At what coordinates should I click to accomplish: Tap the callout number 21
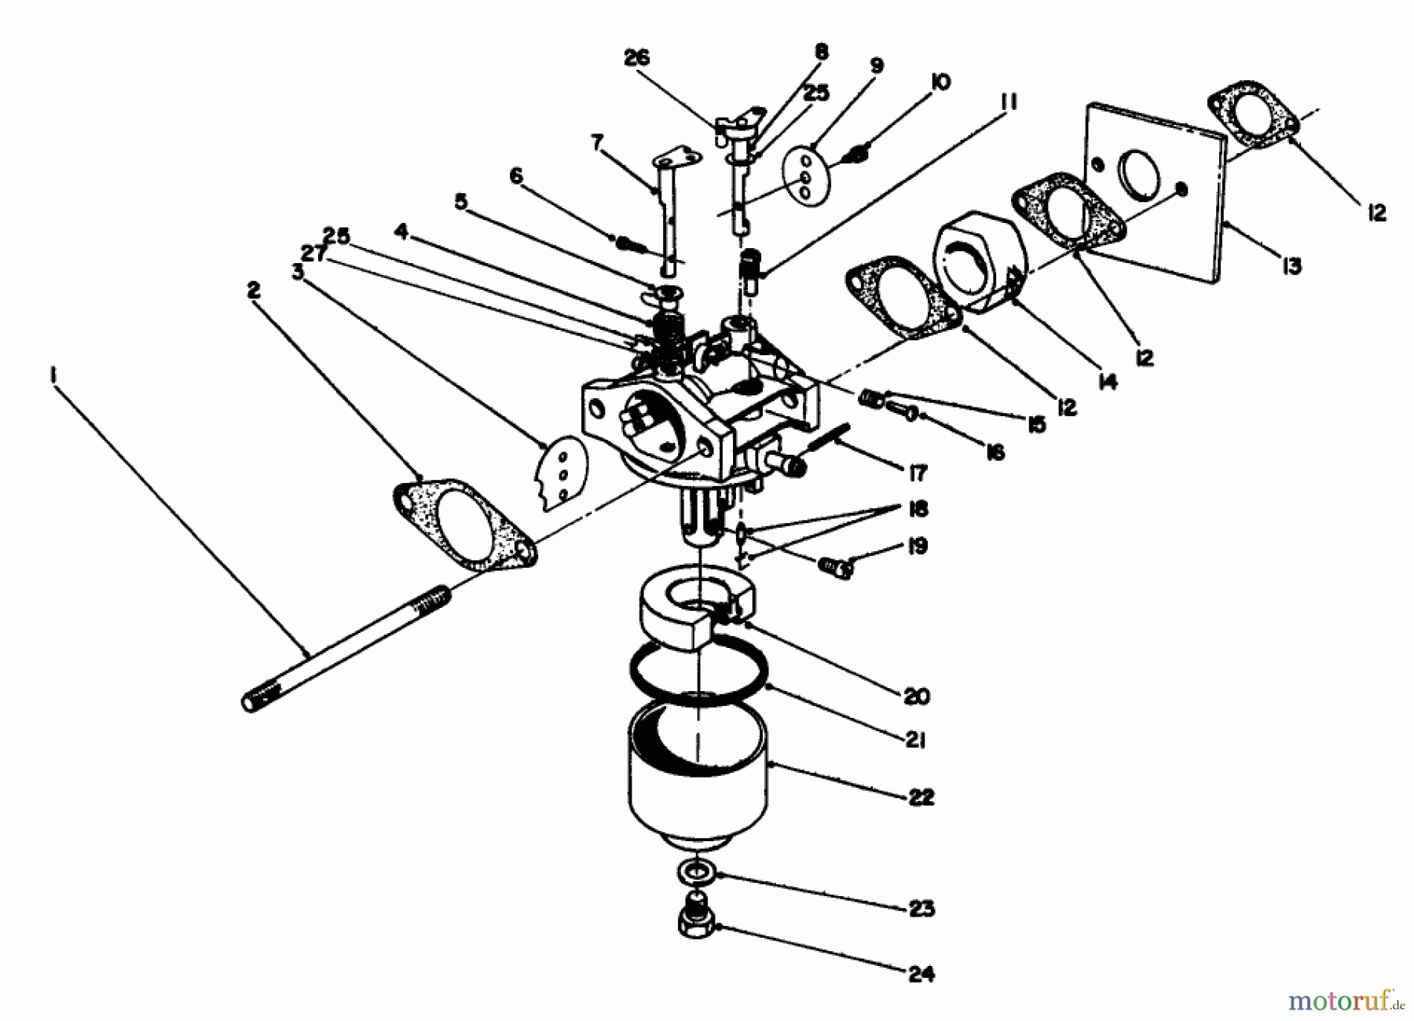[x=916, y=740]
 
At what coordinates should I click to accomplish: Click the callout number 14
[x=1107, y=382]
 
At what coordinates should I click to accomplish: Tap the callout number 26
[x=636, y=58]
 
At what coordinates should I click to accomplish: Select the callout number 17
[x=917, y=472]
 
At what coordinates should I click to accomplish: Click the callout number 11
[x=1009, y=102]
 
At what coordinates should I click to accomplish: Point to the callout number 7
[x=597, y=143]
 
